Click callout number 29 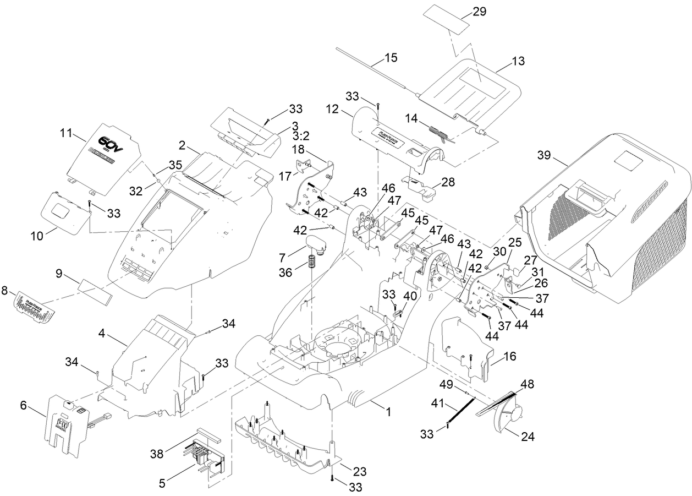point(479,12)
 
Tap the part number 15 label point(391,57)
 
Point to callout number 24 point(526,437)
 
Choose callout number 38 point(157,454)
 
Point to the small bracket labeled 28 point(421,187)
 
